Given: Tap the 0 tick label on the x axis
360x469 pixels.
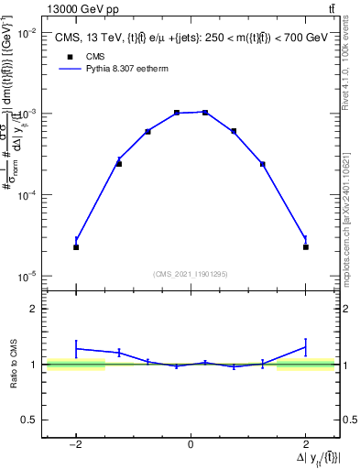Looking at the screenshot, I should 191,444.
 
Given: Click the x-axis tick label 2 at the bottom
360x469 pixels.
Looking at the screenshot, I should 306,444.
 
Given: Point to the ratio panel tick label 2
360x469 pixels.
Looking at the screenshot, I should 36,309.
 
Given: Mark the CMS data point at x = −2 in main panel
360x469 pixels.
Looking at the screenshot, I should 76,247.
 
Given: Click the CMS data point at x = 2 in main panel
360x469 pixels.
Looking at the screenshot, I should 306,247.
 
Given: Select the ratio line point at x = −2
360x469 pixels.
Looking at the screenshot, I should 76,348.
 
